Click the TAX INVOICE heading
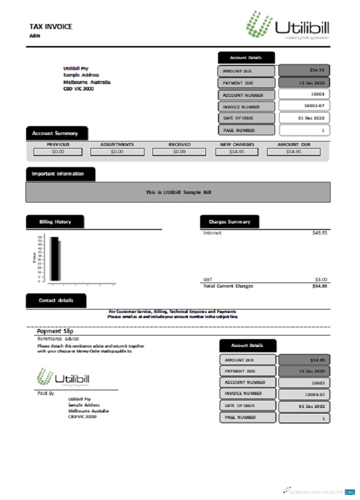click(50, 26)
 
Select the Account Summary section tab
click(56, 133)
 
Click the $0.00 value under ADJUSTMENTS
click(116, 151)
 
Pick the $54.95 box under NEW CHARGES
click(237, 151)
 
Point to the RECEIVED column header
click(179, 144)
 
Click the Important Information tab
click(60, 174)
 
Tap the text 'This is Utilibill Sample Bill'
click(177, 192)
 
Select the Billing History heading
click(55, 221)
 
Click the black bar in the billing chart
click(54, 258)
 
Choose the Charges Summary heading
click(229, 221)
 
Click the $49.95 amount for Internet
click(319, 233)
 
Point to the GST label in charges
click(207, 279)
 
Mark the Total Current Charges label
click(227, 286)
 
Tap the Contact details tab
click(55, 300)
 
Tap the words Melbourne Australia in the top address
click(86, 82)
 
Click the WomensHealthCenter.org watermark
click(318, 491)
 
